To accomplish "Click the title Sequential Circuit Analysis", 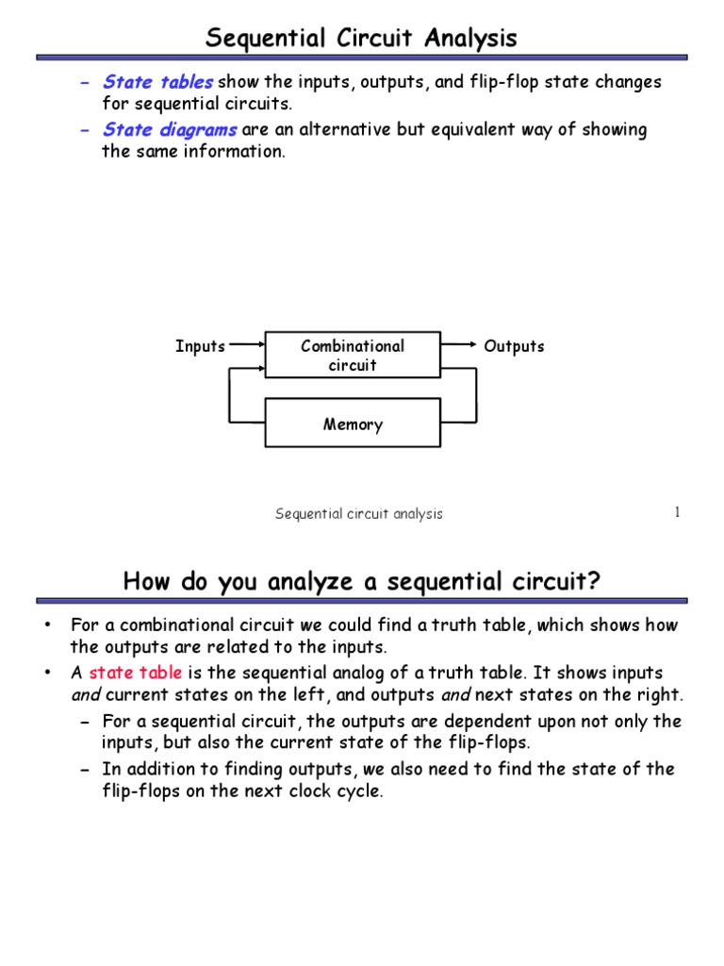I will click(x=362, y=39).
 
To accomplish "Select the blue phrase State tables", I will click(x=157, y=82).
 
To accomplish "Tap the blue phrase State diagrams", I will click(x=170, y=130).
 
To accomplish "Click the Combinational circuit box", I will click(x=353, y=356).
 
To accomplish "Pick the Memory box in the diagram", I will click(x=353, y=424).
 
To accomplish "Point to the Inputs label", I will click(x=200, y=346).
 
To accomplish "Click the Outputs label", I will click(x=514, y=346).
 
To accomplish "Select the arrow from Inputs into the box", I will click(x=247, y=346).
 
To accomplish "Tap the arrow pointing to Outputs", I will click(x=460, y=346).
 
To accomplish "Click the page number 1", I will click(x=677, y=512).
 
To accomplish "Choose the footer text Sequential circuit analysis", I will click(x=358, y=514).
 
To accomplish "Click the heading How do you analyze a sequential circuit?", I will click(x=361, y=583).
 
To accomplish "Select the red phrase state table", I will click(x=135, y=673).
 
